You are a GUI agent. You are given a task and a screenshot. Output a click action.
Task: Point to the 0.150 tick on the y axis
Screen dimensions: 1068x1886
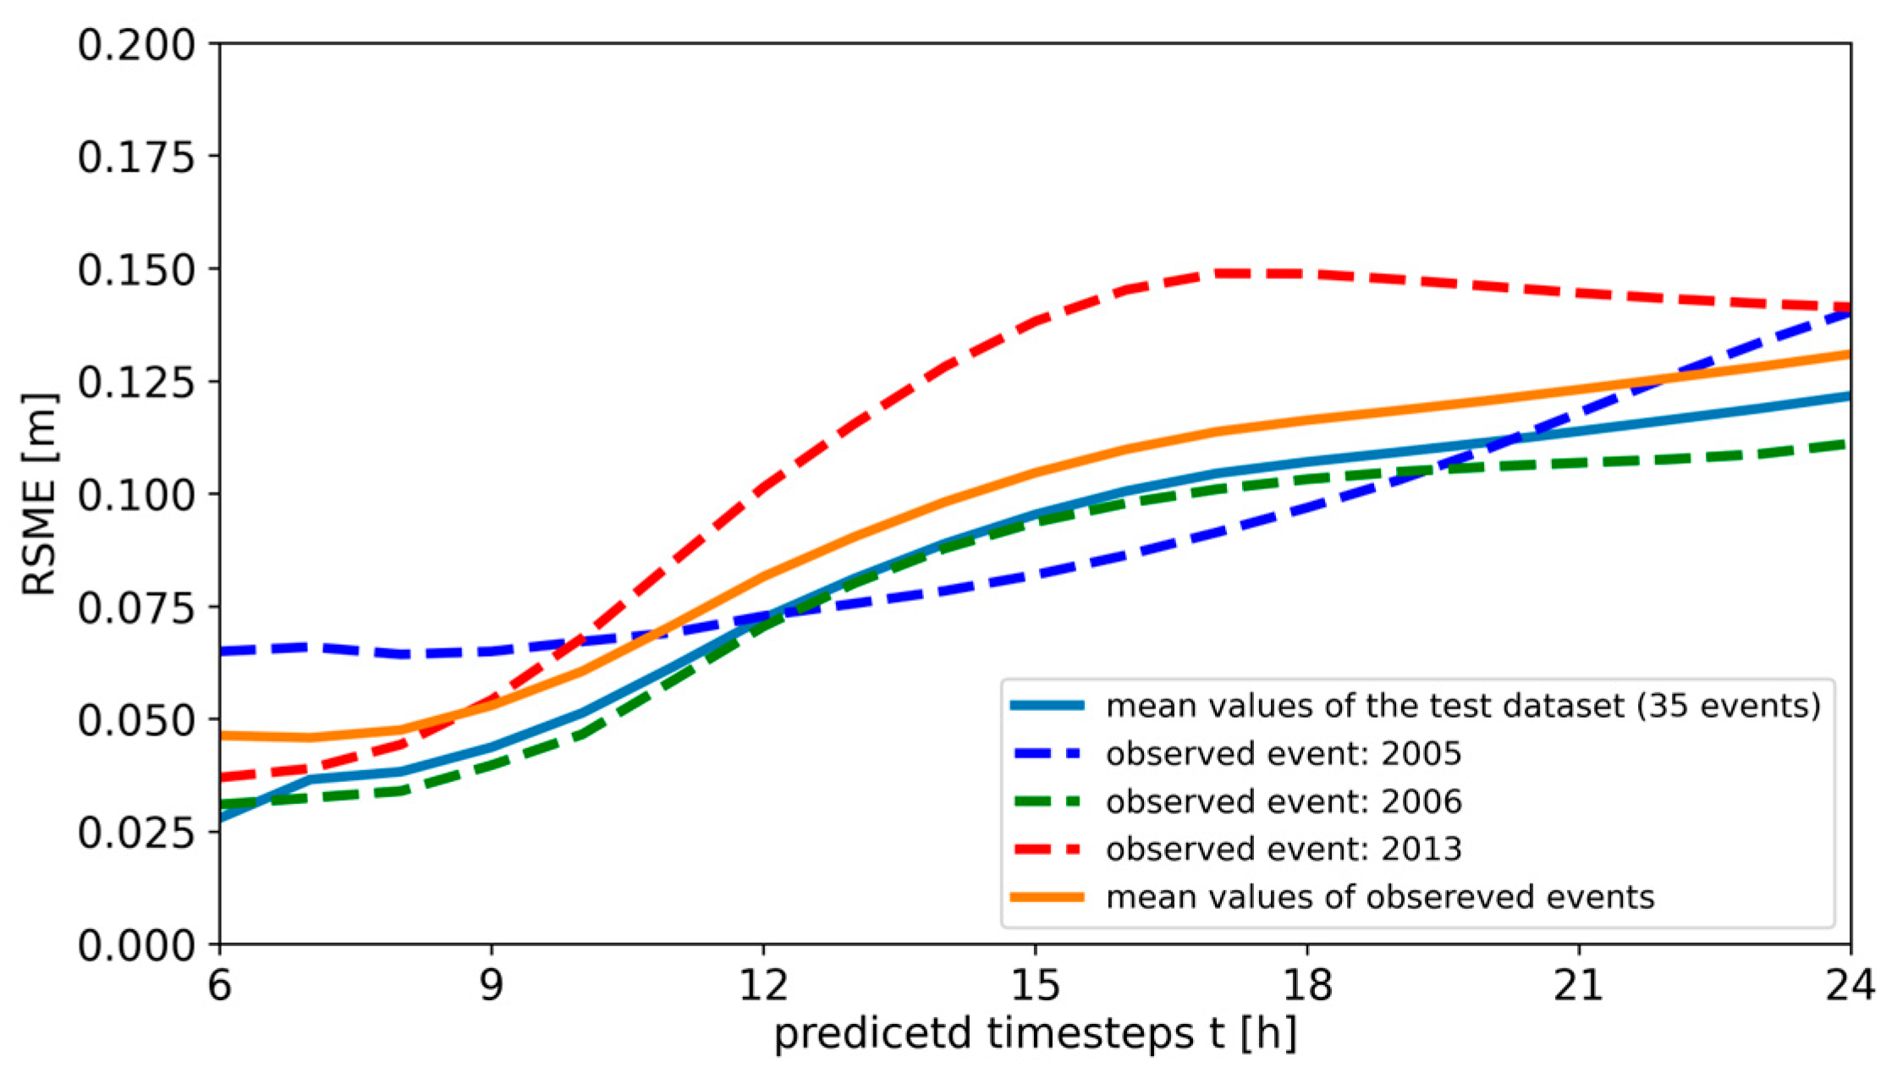pyautogui.click(x=135, y=269)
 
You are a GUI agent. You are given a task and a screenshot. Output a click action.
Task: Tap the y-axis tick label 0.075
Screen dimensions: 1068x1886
pyautogui.click(x=135, y=607)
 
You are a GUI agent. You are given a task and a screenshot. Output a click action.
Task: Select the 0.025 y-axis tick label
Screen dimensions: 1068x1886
pyautogui.click(x=135, y=832)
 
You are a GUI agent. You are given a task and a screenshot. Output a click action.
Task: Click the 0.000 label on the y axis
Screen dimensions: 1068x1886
pyautogui.click(x=135, y=944)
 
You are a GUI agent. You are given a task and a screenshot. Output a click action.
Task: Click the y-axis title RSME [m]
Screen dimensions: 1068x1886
pyautogui.click(x=39, y=494)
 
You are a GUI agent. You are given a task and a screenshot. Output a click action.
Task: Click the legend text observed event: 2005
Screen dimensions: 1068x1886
pyautogui.click(x=1283, y=753)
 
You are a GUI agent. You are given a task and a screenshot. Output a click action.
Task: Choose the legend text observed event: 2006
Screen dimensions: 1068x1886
pyautogui.click(x=1283, y=801)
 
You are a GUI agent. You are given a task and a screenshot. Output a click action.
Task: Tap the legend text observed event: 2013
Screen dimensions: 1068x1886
pyautogui.click(x=1283, y=848)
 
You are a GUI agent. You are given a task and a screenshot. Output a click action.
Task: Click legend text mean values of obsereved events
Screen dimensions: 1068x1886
pyautogui.click(x=1379, y=896)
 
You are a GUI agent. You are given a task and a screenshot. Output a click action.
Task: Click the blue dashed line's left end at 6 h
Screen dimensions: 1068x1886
pyautogui.click(x=222, y=651)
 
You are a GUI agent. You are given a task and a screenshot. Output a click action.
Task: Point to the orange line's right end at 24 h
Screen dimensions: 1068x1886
pyautogui.click(x=1848, y=354)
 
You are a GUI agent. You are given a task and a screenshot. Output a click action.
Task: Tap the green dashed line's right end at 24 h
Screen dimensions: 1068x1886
pyautogui.click(x=1848, y=443)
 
